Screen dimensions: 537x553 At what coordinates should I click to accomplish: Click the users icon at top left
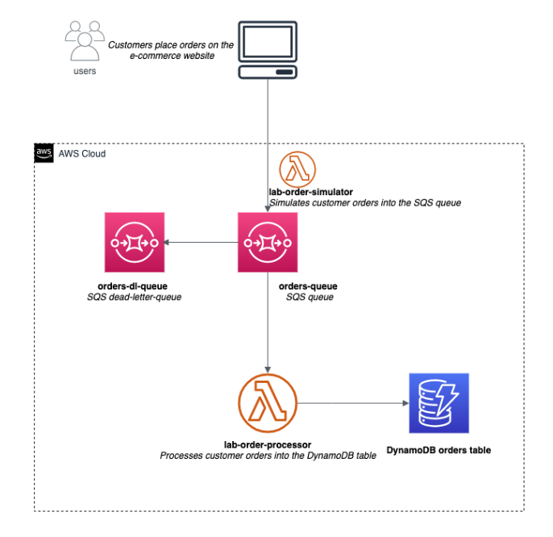coord(84,40)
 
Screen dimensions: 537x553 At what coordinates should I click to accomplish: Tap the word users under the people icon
coord(84,71)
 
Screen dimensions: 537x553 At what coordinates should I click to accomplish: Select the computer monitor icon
coord(268,50)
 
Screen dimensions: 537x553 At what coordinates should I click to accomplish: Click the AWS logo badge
coord(44,153)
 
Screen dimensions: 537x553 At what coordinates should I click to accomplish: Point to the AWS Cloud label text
coord(82,153)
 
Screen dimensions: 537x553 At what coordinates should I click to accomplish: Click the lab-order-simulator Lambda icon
coord(297,169)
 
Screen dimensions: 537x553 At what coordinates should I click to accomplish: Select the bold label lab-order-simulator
coord(310,192)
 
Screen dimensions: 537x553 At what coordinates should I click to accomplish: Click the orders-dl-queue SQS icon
coord(135,242)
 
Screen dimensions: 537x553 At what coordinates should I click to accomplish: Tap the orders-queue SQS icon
coord(268,242)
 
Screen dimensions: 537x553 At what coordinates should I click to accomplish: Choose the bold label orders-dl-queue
coord(134,286)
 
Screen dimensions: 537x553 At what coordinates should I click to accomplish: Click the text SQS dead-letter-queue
coord(134,298)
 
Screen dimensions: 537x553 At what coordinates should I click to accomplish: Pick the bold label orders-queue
coord(307,286)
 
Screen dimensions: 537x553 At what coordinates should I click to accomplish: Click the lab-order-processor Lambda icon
coord(267,401)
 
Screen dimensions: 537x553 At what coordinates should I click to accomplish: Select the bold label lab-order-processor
coord(267,444)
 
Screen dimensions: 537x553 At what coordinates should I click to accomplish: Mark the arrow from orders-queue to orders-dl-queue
coord(201,242)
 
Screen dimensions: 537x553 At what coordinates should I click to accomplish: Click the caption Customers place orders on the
coord(171,45)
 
